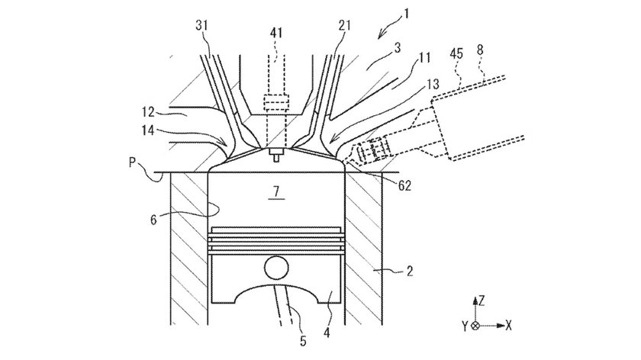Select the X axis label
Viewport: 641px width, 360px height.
pyautogui.click(x=508, y=326)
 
